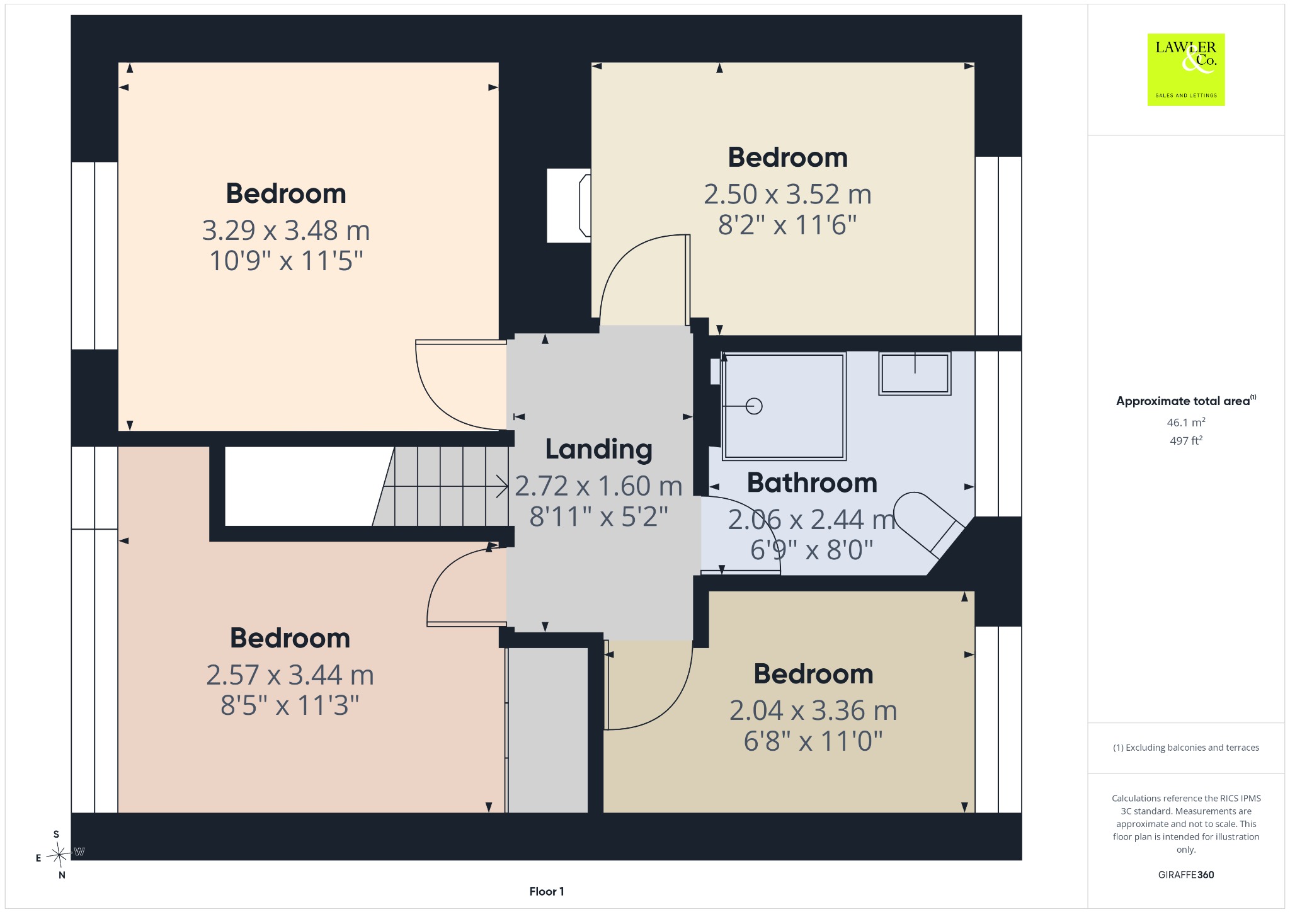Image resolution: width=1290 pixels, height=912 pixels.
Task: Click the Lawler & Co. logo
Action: point(1185,69)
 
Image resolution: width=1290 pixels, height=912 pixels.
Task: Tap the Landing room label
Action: point(598,449)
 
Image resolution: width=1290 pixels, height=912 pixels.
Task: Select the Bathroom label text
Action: point(812,483)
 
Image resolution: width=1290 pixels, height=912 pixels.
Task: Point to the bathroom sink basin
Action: point(915,373)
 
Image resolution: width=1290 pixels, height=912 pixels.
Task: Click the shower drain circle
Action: point(754,406)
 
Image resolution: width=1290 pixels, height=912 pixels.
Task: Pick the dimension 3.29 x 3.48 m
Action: point(286,231)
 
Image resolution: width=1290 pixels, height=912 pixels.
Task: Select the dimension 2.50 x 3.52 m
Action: point(787,194)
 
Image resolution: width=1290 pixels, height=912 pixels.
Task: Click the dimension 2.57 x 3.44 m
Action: point(290,675)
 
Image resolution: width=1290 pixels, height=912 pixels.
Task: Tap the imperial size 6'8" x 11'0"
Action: point(813,741)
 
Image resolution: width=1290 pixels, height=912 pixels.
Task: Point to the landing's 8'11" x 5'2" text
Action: point(598,516)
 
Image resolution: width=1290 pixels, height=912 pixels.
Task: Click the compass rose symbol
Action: point(59,855)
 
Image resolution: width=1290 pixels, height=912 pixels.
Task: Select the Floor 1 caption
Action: point(547,891)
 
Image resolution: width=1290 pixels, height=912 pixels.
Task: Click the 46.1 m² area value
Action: point(1186,422)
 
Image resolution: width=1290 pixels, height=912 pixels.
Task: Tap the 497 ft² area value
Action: point(1186,440)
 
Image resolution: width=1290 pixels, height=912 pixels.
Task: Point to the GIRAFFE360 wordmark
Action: point(1186,874)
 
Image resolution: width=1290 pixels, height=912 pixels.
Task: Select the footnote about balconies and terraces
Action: point(1186,748)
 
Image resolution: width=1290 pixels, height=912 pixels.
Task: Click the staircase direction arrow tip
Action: point(508,486)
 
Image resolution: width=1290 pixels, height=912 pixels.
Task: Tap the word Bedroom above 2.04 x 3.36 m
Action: point(813,675)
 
